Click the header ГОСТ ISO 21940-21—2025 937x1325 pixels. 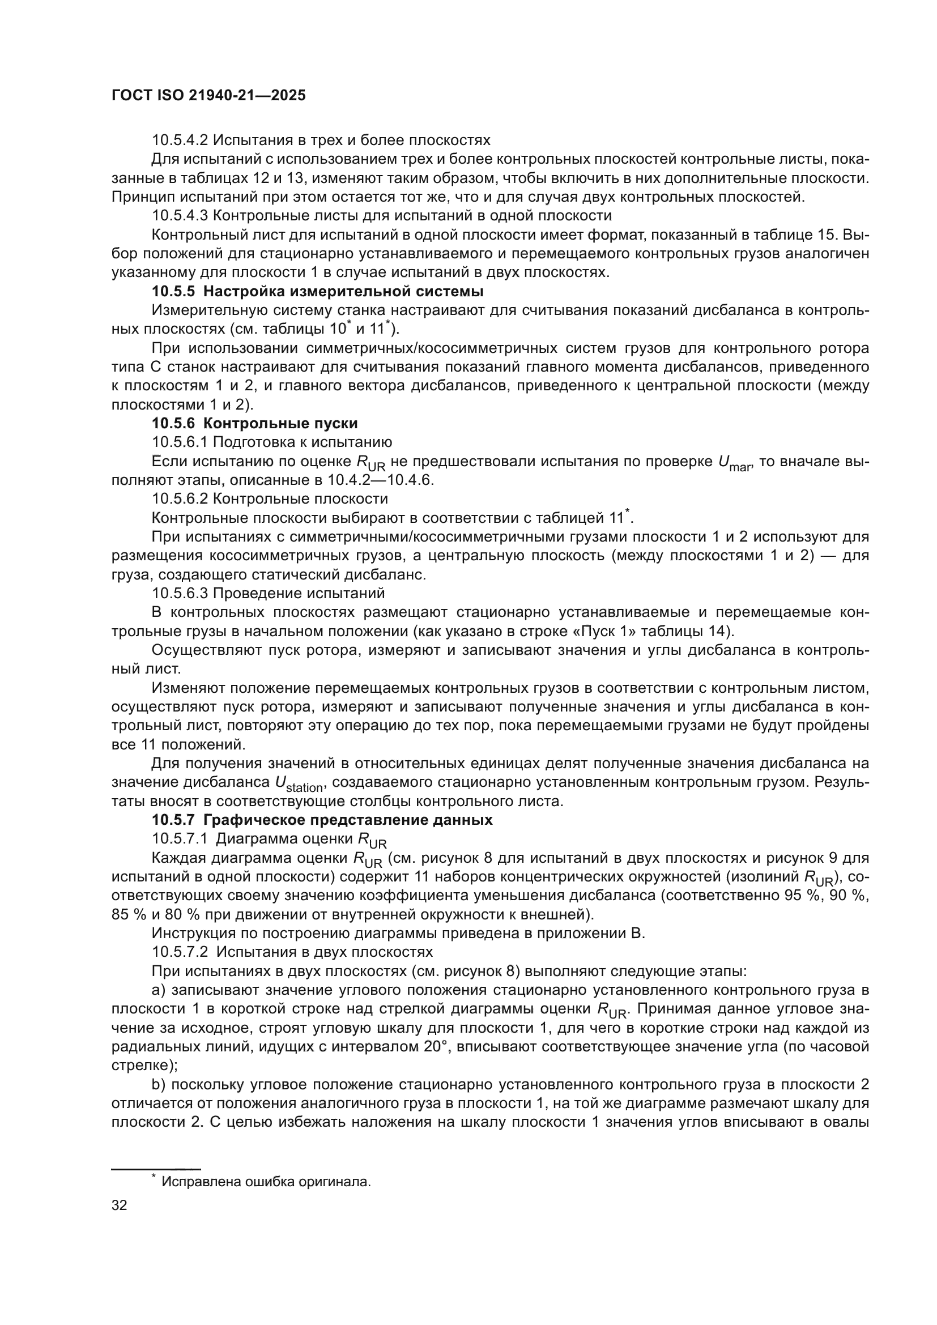208,96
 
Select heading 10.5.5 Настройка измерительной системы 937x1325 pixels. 317,291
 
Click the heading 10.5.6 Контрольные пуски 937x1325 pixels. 254,423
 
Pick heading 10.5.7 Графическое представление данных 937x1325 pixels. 322,820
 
